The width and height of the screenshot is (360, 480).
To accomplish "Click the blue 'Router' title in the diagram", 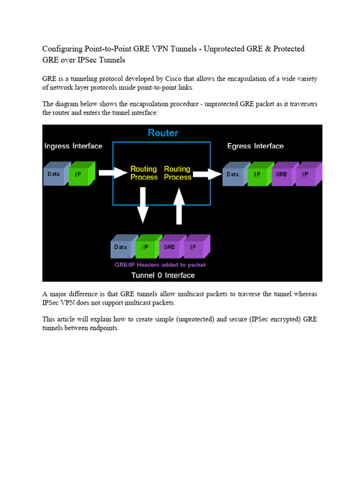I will pos(163,133).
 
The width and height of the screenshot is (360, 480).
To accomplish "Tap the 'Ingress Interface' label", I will pos(73,146).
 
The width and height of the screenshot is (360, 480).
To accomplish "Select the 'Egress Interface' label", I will pos(255,146).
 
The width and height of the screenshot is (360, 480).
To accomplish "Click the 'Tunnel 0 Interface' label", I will pos(163,275).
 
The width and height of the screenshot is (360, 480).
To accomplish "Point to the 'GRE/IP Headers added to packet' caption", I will pos(160,265).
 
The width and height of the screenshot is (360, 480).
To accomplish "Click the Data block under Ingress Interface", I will pos(55,174).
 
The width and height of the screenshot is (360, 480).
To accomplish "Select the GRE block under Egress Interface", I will pos(282,174).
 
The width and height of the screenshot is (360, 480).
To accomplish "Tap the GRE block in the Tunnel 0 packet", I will pos(170,247).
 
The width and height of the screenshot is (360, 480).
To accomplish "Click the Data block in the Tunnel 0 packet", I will pos(121,247).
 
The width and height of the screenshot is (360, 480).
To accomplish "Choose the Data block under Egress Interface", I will pos(233,174).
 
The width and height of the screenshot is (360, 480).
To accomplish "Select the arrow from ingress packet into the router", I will pos(112,173).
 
